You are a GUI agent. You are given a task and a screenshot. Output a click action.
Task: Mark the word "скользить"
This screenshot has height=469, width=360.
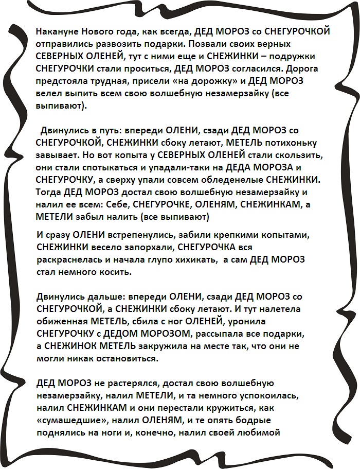[301, 155]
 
